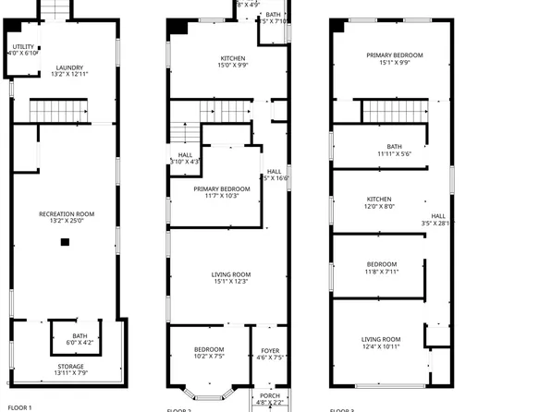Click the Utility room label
[x=24, y=49]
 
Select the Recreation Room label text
[x=67, y=217]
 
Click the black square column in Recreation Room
[x=65, y=242]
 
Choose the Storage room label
[x=69, y=370]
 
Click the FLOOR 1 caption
[x=19, y=407]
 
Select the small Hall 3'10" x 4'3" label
[x=185, y=158]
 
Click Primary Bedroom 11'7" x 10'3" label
[x=216, y=192]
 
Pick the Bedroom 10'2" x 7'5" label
[x=209, y=352]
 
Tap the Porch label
[x=270, y=399]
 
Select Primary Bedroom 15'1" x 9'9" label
[x=395, y=59]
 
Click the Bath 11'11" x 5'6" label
[x=395, y=150]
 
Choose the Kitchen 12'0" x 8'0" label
[x=380, y=203]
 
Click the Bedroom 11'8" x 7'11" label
[x=381, y=268]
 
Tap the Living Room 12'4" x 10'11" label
[x=380, y=343]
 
